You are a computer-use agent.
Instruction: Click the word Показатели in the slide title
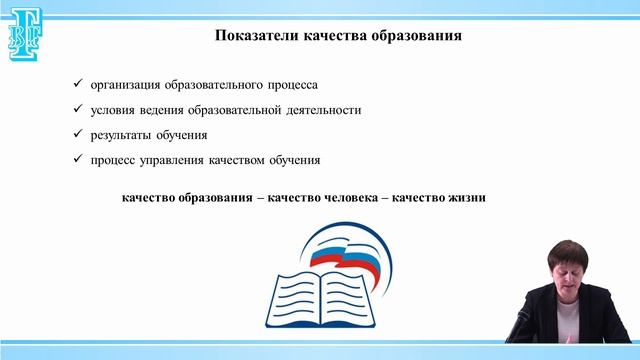click(x=255, y=38)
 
